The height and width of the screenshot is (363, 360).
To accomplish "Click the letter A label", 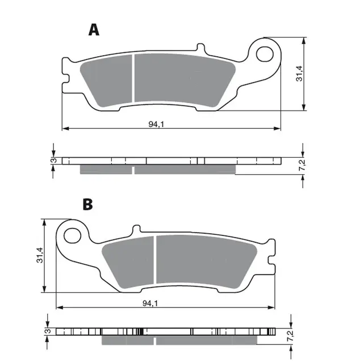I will pos(94,29).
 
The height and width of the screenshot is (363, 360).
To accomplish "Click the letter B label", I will pos(87,204).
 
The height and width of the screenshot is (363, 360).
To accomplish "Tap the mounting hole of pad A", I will pos(265,54).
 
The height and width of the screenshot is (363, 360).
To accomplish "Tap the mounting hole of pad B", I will pos(72,235).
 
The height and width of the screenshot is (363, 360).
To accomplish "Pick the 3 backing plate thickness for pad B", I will pos(48,331).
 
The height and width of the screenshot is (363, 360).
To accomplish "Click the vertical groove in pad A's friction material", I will pos(133,80).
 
